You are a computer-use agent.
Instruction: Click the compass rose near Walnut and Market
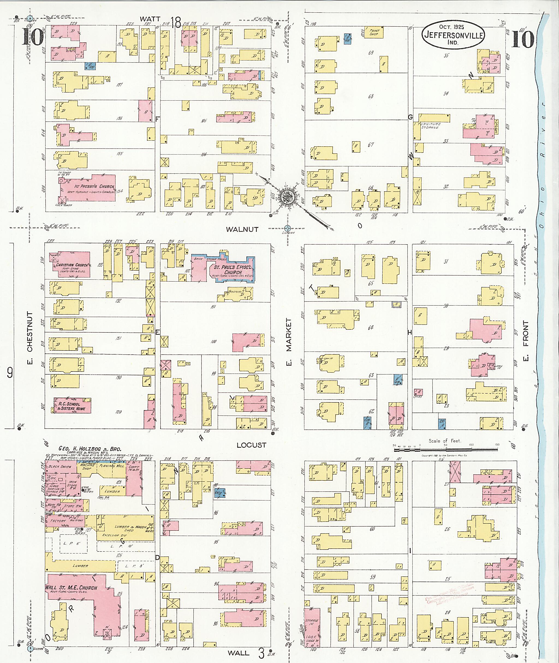pos(287,197)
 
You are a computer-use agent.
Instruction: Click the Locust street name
pos(251,445)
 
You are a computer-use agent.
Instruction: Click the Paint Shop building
pos(374,32)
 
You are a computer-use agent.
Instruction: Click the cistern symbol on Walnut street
pos(287,228)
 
